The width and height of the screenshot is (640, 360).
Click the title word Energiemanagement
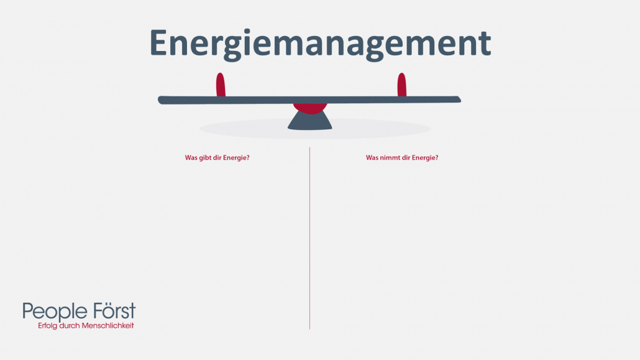(320, 42)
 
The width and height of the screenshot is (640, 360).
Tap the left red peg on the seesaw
(220, 85)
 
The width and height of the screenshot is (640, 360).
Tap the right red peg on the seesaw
(401, 85)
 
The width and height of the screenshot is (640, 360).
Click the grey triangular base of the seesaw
(309, 122)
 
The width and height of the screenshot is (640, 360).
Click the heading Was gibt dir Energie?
(217, 158)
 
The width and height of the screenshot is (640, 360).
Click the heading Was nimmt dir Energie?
(402, 158)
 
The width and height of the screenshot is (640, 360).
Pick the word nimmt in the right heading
(387, 158)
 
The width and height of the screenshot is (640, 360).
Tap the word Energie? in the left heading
(235, 158)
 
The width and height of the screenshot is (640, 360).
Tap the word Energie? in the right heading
(424, 158)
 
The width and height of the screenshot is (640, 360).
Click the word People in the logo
(52, 312)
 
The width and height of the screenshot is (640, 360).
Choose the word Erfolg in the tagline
(48, 326)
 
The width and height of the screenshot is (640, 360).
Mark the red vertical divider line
(309, 249)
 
